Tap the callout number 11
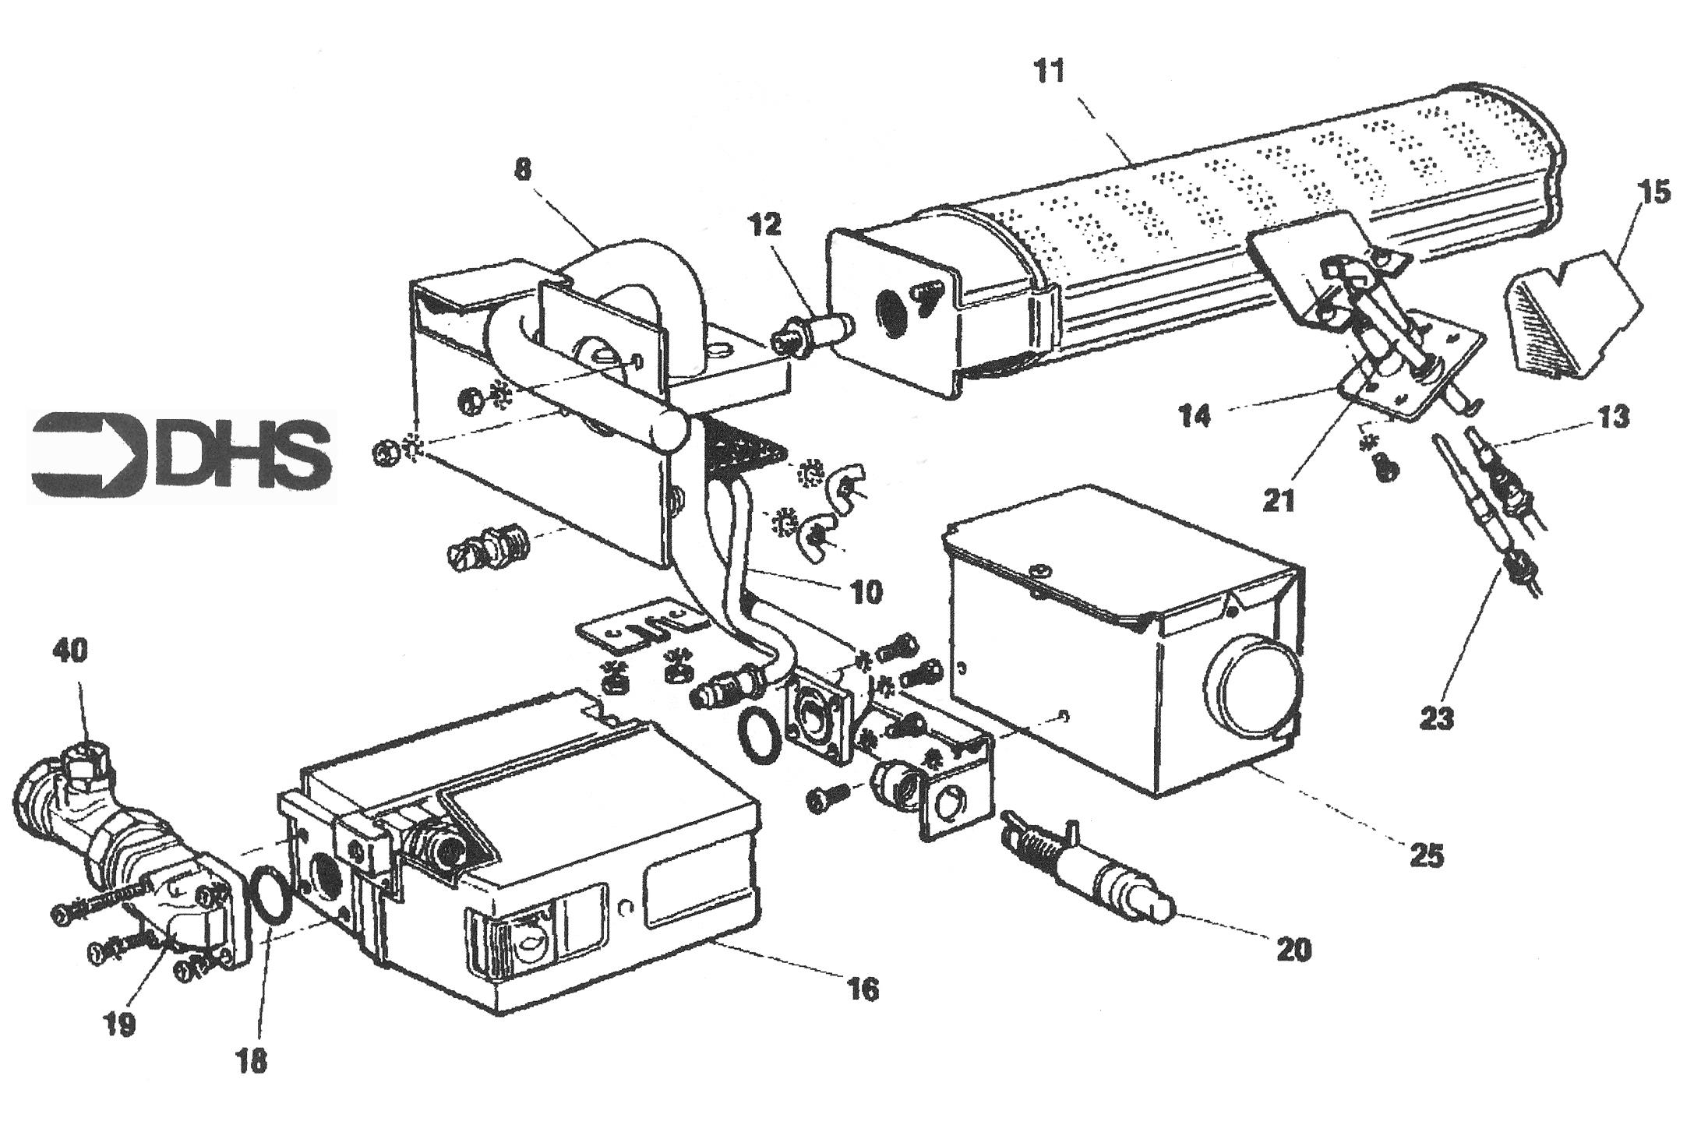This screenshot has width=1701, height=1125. (1049, 71)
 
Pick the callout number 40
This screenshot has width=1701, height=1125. (71, 650)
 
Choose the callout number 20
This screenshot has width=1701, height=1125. (1293, 948)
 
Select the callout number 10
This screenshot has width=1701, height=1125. (865, 592)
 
